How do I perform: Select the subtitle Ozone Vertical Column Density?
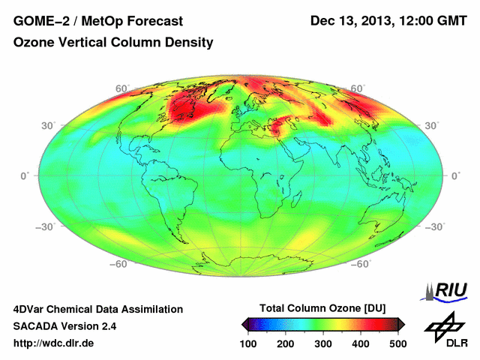tap(112, 43)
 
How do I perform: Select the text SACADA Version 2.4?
tap(64, 326)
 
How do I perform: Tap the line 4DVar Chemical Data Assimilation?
tap(97, 309)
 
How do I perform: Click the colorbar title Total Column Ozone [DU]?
tap(322, 309)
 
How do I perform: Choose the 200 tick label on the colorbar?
tap(286, 343)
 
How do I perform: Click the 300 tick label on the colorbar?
tap(323, 343)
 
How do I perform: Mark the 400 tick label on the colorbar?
tap(360, 343)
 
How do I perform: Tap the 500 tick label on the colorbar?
tap(397, 343)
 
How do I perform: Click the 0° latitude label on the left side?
tap(25, 175)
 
